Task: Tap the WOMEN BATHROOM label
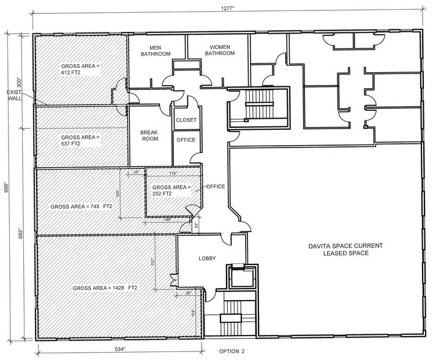pos(219,50)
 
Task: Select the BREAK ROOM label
pos(149,135)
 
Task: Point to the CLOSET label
pos(186,120)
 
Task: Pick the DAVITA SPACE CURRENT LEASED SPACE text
pos(345,249)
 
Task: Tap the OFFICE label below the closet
pos(186,140)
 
